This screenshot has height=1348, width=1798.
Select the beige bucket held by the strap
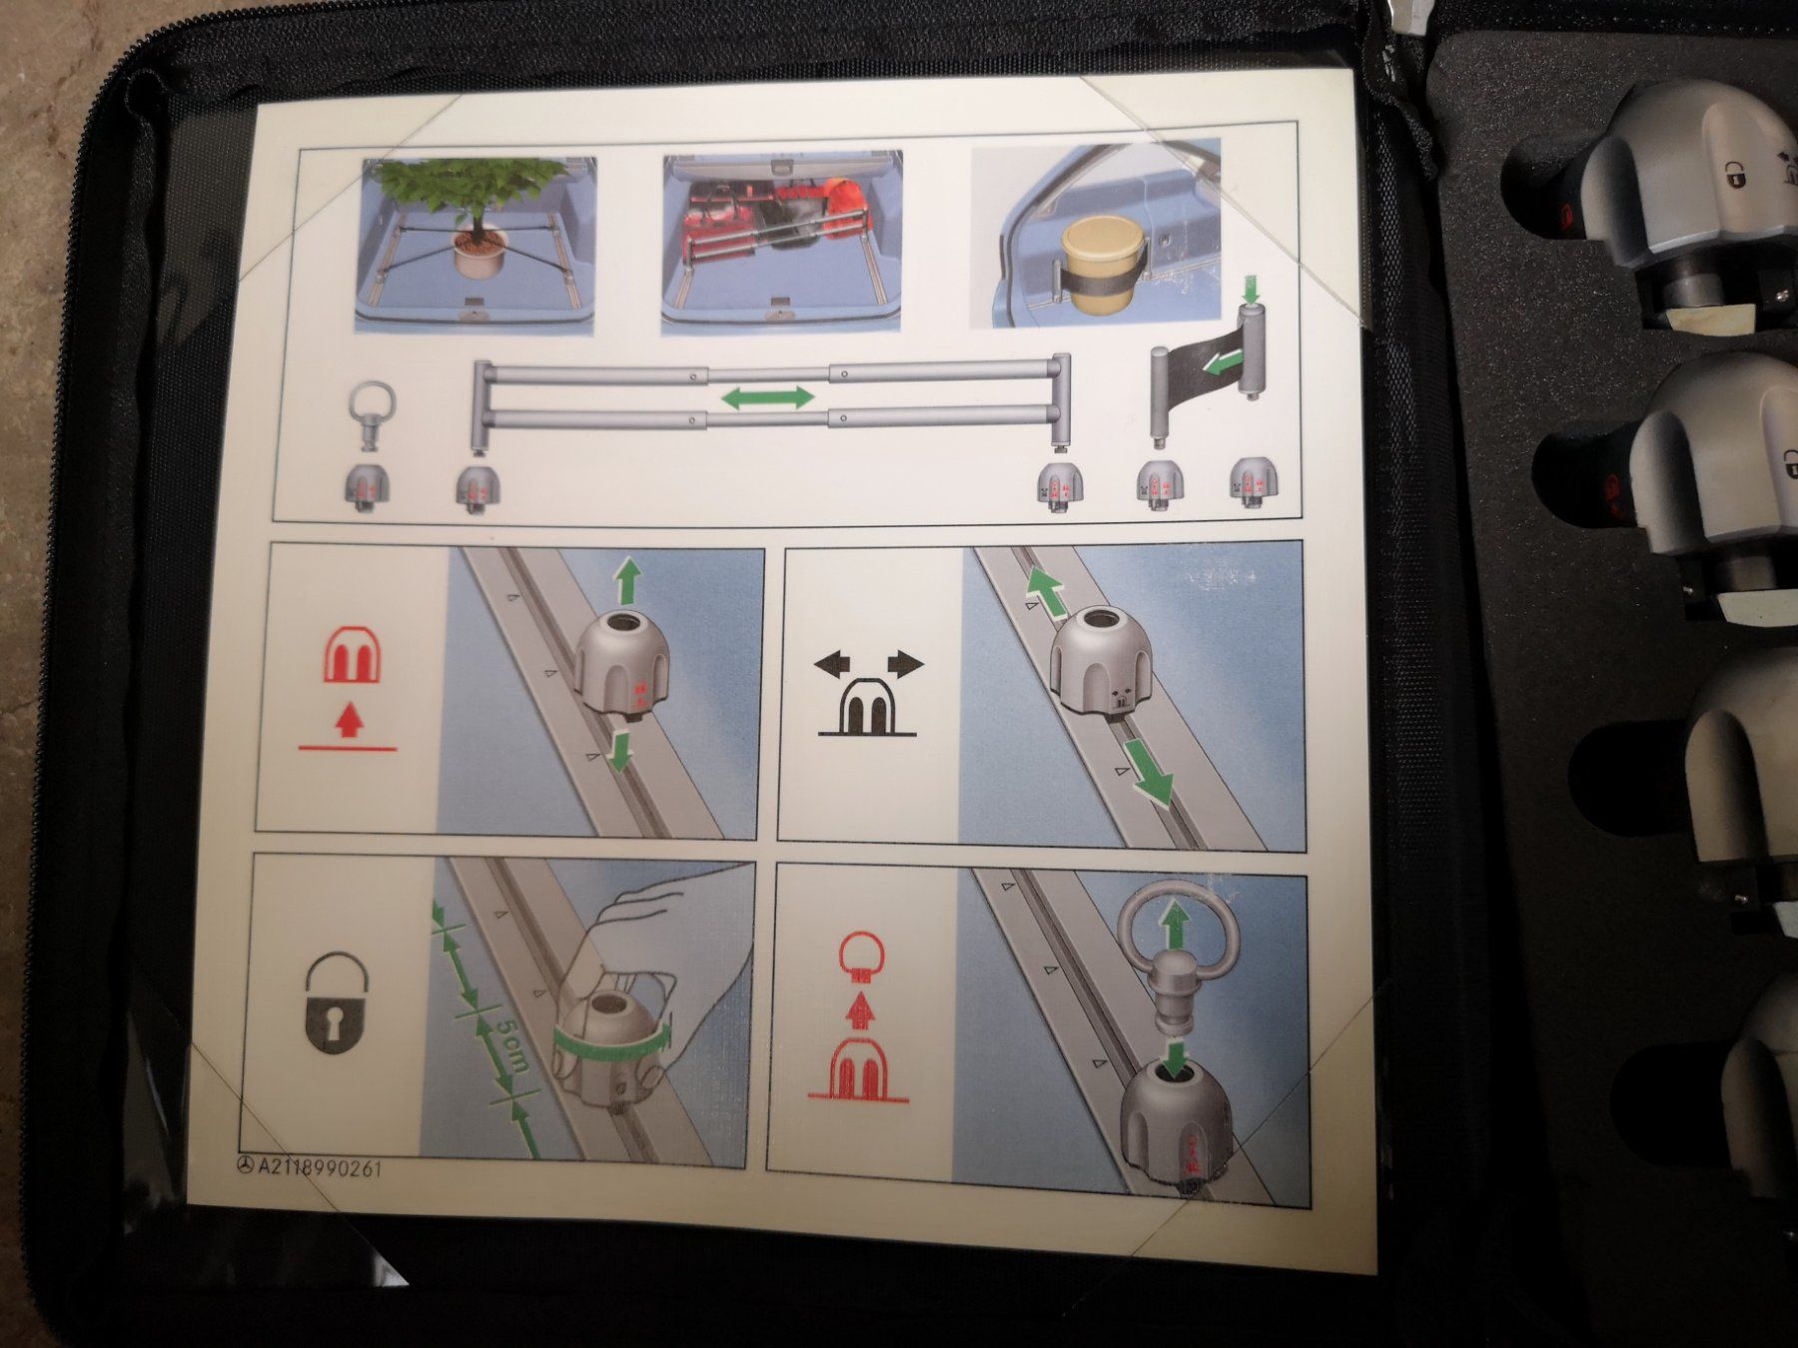pyautogui.click(x=1100, y=259)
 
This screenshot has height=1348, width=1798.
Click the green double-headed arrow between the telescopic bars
pyautogui.click(x=768, y=397)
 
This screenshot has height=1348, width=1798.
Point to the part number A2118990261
pyautogui.click(x=320, y=1167)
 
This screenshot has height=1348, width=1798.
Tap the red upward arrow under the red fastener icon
pyautogui.click(x=347, y=720)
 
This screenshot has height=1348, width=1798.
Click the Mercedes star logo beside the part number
pyautogui.click(x=246, y=1165)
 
